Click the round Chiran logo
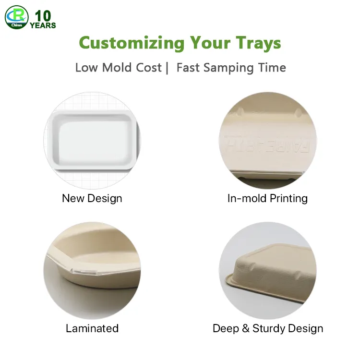point(16,17)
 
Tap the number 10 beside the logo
point(43,16)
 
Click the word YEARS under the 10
point(43,25)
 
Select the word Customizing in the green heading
point(132,43)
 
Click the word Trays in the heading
point(259,44)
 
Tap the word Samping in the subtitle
point(228,68)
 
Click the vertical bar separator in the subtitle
point(167,68)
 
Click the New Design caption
point(92,198)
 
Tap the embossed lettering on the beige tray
point(267,144)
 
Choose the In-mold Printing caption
point(267,198)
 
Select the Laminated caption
point(92,328)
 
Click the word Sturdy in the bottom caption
point(269,328)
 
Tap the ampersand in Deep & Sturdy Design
point(246,328)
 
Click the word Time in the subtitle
point(272,68)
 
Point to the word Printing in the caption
point(288,199)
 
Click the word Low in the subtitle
point(86,68)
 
